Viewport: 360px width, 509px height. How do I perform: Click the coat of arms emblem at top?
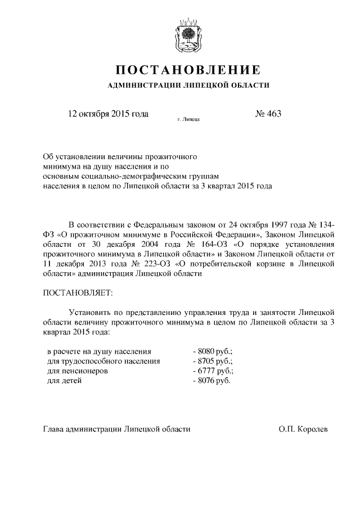188,34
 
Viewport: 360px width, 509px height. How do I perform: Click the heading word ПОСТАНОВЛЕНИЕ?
188,70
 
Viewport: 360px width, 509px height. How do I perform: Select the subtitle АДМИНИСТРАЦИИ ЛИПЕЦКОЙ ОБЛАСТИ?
188,85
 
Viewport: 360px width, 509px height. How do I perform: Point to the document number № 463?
268,114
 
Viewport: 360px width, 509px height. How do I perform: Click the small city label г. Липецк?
188,119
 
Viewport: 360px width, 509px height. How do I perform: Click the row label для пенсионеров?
77,371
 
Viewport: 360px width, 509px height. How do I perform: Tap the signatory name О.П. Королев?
303,429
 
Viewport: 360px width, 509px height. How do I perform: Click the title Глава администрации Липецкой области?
117,429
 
